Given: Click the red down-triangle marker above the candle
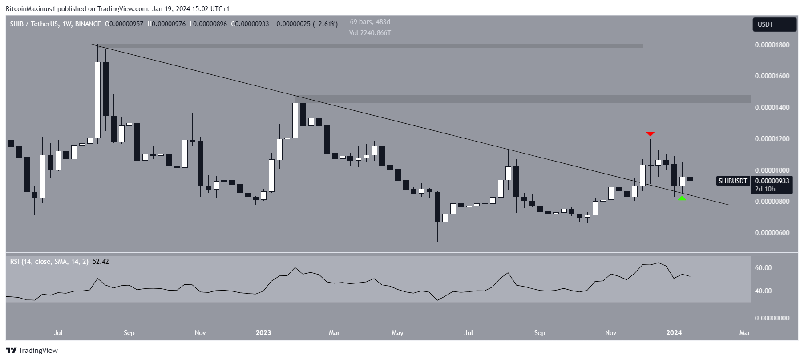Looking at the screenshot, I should pyautogui.click(x=650, y=133).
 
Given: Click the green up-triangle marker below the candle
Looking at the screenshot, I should pyautogui.click(x=682, y=198).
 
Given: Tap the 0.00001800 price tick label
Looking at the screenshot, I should pyautogui.click(x=772, y=45).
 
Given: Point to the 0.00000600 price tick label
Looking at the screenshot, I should pyautogui.click(x=772, y=233).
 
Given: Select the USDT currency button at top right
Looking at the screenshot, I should pyautogui.click(x=774, y=24).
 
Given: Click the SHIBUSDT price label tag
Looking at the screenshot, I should pyautogui.click(x=733, y=181).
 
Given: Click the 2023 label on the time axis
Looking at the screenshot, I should pyautogui.click(x=263, y=333).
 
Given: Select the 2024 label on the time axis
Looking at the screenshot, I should pyautogui.click(x=674, y=333).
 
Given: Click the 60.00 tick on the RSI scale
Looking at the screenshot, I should pyautogui.click(x=763, y=268).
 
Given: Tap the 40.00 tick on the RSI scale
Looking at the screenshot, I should pyautogui.click(x=763, y=291).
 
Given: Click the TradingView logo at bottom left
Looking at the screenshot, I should pyautogui.click(x=32, y=351).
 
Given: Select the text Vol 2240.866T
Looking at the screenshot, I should pyautogui.click(x=370, y=33).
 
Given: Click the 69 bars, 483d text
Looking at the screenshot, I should pyautogui.click(x=370, y=22).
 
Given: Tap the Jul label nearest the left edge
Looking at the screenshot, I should pyautogui.click(x=58, y=333).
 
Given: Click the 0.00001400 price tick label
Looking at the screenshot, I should pyautogui.click(x=772, y=108).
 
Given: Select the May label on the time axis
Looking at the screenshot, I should pyautogui.click(x=397, y=333).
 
